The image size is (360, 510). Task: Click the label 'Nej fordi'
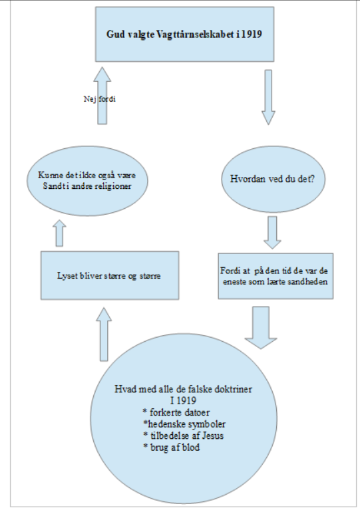[100, 99]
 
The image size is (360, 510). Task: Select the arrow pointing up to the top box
[102, 96]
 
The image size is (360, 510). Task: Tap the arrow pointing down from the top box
[268, 97]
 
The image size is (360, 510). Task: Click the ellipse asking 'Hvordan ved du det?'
[273, 179]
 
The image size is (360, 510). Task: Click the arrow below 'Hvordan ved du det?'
[272, 233]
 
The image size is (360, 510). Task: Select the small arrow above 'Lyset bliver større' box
[59, 233]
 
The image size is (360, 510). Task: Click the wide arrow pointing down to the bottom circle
[261, 328]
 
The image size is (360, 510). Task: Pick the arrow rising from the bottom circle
[104, 334]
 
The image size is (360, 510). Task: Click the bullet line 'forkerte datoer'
[176, 412]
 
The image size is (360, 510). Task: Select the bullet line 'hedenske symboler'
[184, 424]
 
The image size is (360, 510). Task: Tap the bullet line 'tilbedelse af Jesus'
[183, 436]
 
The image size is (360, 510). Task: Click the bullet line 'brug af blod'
[172, 447]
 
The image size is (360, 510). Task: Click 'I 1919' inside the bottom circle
[183, 400]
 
